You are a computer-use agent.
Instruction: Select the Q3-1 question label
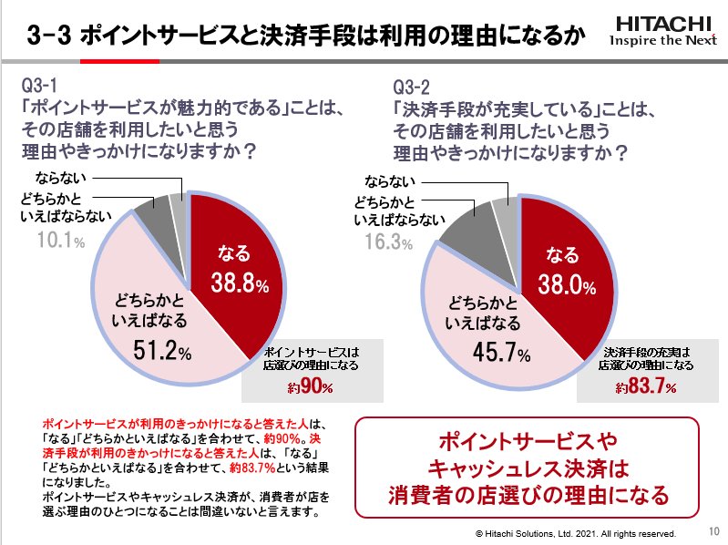(x=40, y=87)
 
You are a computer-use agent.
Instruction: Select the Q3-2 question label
(x=412, y=87)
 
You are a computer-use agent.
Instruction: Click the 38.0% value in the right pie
(x=569, y=285)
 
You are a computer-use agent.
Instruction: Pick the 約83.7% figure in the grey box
(x=645, y=387)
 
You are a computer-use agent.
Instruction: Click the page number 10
(x=713, y=530)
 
